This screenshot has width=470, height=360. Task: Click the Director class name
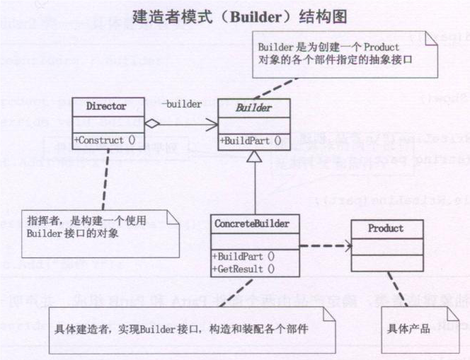click(106, 107)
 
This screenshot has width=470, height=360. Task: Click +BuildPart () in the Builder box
click(251, 141)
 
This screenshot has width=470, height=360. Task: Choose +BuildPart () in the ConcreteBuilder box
click(245, 256)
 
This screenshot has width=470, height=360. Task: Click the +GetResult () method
click(245, 268)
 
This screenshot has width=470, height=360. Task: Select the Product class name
click(386, 228)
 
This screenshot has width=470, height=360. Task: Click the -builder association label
click(181, 105)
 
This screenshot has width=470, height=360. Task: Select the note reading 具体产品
click(408, 329)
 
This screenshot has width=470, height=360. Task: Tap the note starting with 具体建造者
click(183, 330)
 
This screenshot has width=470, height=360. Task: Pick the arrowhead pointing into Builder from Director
click(212, 124)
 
